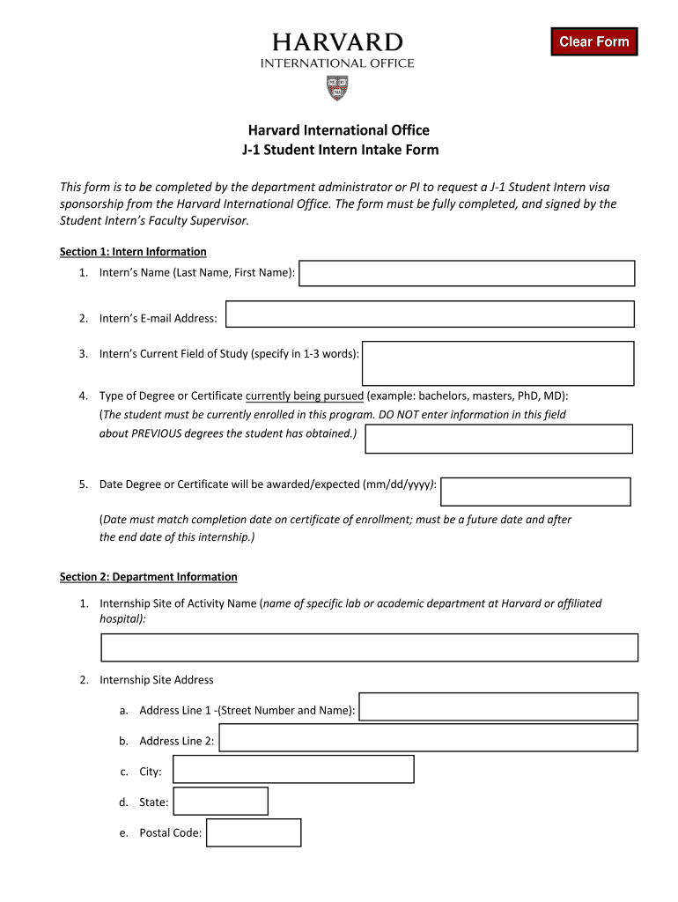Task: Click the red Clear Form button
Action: (x=593, y=41)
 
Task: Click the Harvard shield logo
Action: (x=337, y=87)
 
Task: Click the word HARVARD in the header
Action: (x=337, y=43)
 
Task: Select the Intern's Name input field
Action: (x=467, y=273)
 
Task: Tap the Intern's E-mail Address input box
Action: (x=430, y=314)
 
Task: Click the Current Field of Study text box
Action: (x=498, y=363)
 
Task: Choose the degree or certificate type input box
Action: (x=498, y=439)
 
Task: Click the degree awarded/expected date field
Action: (x=535, y=492)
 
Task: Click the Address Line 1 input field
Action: (x=499, y=706)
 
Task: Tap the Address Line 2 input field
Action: (x=428, y=738)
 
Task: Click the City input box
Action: (x=293, y=769)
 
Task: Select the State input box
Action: (x=220, y=801)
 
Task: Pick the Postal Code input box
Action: (x=254, y=832)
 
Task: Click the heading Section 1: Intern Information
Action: (x=133, y=252)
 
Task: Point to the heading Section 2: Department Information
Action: (x=148, y=577)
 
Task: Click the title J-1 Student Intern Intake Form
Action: (x=340, y=150)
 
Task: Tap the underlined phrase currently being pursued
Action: (x=305, y=396)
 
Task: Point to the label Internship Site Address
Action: (x=157, y=680)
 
